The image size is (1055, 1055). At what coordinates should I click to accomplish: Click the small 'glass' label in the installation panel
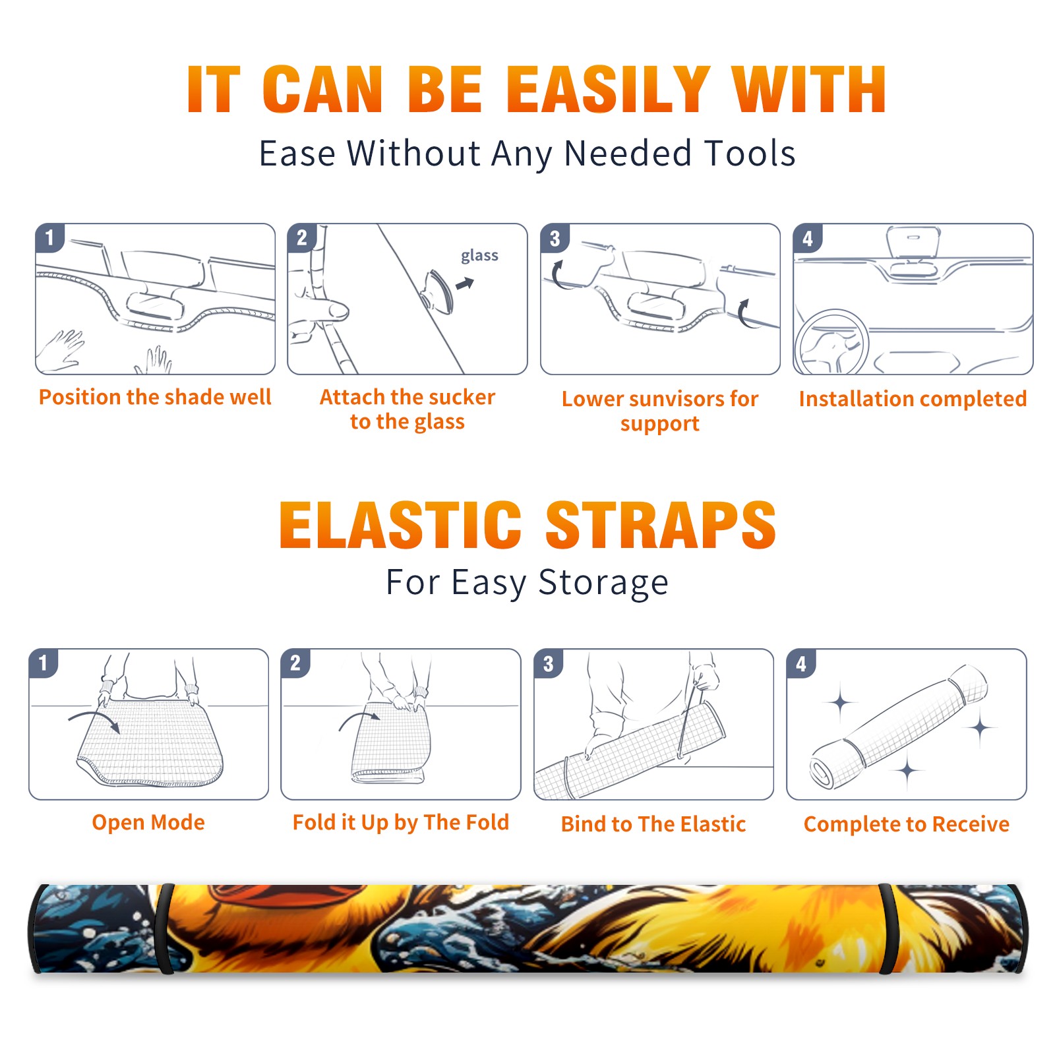(x=479, y=256)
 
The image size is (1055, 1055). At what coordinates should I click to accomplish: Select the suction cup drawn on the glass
(x=438, y=291)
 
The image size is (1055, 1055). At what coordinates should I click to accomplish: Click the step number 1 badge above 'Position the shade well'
(x=49, y=237)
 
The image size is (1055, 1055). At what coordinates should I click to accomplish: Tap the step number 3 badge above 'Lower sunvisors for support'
(x=555, y=237)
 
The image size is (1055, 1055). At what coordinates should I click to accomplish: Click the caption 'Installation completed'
(x=913, y=398)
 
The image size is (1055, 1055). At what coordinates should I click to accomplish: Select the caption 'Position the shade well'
(x=155, y=397)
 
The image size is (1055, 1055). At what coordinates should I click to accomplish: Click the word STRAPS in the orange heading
(x=661, y=525)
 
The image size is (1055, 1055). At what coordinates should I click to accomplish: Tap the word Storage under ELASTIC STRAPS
(x=603, y=583)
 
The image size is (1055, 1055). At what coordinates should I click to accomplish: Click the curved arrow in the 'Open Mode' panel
(x=95, y=719)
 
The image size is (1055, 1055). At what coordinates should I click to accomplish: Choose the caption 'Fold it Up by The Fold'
(x=401, y=822)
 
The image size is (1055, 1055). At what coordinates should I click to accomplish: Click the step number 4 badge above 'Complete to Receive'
(x=801, y=663)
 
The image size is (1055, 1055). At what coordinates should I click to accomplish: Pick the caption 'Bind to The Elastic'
(x=653, y=824)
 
